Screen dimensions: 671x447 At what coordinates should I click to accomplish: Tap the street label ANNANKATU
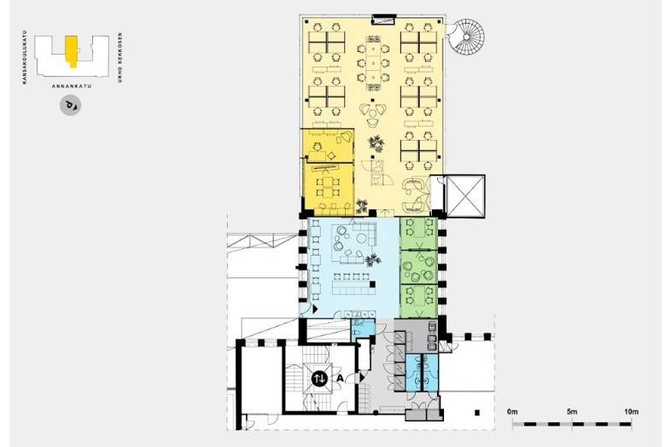[x=72, y=86]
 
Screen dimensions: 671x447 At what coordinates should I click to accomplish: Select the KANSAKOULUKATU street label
[x=25, y=57]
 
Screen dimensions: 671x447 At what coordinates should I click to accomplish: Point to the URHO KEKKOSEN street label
[x=120, y=57]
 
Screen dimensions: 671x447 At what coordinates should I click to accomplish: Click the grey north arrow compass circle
[x=70, y=105]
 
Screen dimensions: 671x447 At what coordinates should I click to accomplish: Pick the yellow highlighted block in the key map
[x=72, y=50]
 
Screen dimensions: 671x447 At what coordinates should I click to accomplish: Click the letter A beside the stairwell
[x=341, y=378]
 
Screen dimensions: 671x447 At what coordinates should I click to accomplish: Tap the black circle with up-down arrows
[x=319, y=379]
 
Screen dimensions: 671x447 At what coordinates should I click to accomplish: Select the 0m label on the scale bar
[x=512, y=412]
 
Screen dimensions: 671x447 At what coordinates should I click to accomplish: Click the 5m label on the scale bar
[x=572, y=412]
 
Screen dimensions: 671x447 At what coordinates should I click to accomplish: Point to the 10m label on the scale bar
[x=631, y=412]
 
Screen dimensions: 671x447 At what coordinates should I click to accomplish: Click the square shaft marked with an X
[x=465, y=196]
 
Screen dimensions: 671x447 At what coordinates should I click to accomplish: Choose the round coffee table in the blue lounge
[x=362, y=237]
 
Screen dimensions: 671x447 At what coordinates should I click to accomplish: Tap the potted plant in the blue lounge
[x=372, y=259]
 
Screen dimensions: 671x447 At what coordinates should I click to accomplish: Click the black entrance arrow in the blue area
[x=315, y=309]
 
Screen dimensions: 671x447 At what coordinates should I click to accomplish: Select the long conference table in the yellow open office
[x=373, y=63]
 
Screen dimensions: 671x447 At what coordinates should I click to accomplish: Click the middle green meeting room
[x=418, y=267]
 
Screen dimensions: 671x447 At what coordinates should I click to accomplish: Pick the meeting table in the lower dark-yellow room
[x=327, y=188]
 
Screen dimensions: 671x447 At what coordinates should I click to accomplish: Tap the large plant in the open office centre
[x=376, y=143]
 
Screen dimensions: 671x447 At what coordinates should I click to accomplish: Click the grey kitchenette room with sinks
[x=416, y=335]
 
